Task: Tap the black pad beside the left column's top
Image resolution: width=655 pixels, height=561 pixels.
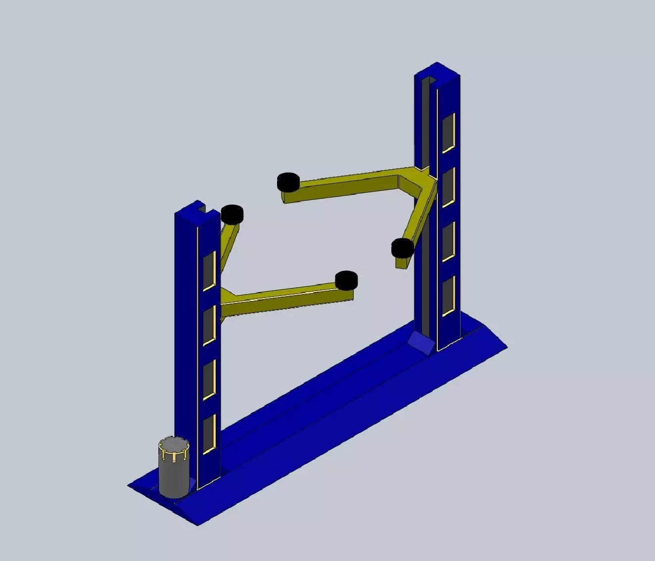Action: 232,214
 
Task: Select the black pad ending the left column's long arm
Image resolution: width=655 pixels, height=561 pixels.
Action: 346,280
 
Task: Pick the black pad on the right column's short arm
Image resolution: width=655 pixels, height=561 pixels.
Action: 402,248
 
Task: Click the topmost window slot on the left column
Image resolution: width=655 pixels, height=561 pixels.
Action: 209,271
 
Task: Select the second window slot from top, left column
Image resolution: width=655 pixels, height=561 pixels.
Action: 209,325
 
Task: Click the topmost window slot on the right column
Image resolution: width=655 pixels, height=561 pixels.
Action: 448,133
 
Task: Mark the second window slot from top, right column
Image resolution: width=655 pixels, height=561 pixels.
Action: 448,188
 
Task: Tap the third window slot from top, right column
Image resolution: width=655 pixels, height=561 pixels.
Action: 448,242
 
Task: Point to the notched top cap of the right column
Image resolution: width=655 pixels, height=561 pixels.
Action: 437,74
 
